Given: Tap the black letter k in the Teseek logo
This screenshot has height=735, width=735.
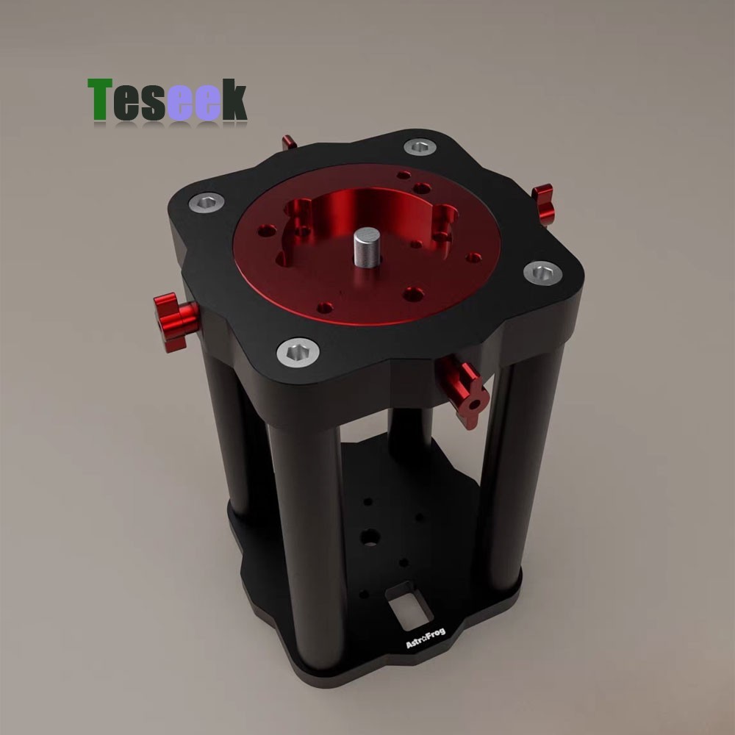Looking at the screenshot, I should click(234, 101).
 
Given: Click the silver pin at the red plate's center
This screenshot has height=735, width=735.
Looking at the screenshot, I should click(365, 248).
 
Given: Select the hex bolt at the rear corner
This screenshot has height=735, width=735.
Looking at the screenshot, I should click(420, 148).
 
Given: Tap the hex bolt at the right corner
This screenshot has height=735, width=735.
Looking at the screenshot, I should click(542, 273).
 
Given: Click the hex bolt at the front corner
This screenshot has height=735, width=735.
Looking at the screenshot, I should click(298, 353).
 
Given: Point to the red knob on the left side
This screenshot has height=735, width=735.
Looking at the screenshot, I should click(175, 315).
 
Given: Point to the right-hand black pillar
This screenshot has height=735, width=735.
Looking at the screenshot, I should click(507, 470).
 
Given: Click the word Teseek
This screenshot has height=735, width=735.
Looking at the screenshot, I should click(168, 101).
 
